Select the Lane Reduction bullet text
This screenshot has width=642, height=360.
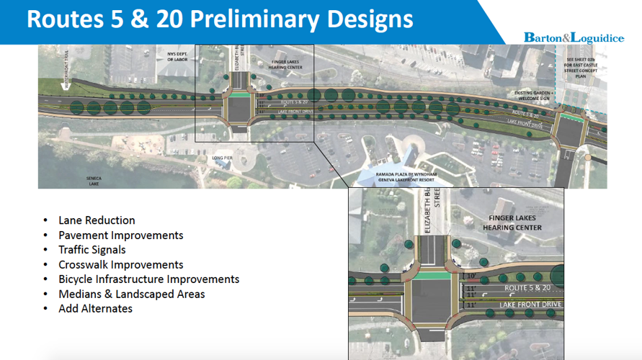[97, 220]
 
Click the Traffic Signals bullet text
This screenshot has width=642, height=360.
[92, 250]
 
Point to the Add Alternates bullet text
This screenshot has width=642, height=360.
[95, 308]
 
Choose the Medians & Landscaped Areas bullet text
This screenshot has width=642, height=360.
[132, 294]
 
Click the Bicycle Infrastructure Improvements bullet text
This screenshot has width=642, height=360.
[149, 279]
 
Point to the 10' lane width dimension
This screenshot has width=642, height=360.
[471, 276]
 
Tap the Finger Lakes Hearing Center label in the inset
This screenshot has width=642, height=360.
[515, 222]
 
